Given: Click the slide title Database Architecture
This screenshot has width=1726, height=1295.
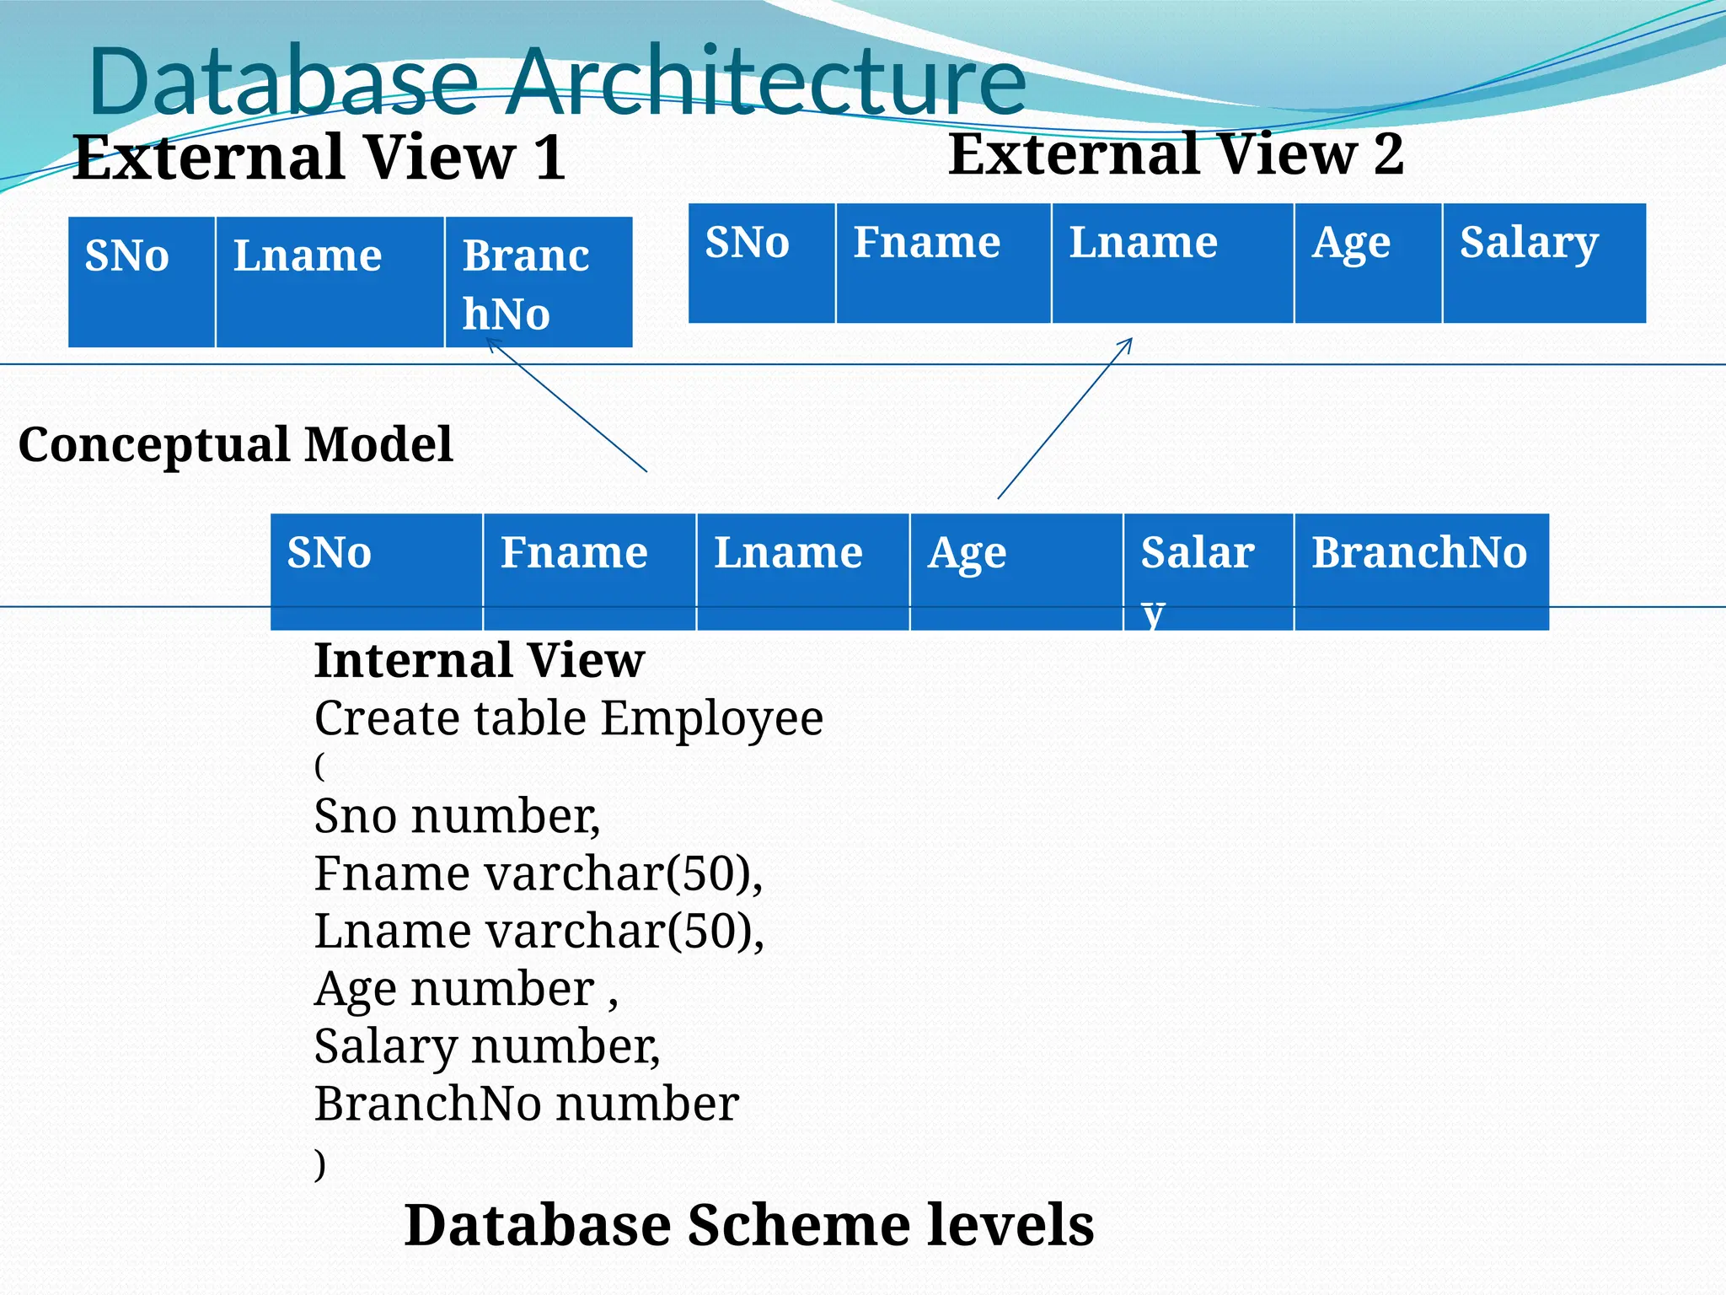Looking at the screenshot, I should (x=556, y=82).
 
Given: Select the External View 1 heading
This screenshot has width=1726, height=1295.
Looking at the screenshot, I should (x=319, y=158).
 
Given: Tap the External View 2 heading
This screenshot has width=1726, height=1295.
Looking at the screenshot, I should (x=1176, y=154).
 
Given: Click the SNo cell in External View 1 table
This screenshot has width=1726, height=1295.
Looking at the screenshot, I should (x=142, y=282).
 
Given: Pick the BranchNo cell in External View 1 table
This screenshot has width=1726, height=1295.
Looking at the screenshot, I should (x=538, y=282).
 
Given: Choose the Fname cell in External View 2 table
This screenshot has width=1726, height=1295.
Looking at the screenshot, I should (x=943, y=263).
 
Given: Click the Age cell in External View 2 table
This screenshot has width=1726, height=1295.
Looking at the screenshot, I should (x=1367, y=263).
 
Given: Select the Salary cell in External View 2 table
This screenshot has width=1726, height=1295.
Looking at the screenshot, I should (x=1543, y=263).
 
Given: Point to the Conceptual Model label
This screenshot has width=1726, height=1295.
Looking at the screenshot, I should (x=235, y=444).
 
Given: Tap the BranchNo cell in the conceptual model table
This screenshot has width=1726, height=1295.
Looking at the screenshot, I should (x=1421, y=571).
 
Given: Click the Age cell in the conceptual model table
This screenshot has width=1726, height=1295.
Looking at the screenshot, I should (x=1016, y=571).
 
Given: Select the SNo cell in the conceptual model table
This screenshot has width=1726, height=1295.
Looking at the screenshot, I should (x=376, y=571).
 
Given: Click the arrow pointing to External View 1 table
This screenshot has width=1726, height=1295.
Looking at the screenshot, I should (x=566, y=405).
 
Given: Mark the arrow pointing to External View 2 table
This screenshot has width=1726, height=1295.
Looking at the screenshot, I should (x=1064, y=418).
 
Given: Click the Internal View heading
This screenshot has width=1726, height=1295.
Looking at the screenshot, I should (x=479, y=659).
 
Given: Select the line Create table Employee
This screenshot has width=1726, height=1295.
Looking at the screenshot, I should (x=568, y=718).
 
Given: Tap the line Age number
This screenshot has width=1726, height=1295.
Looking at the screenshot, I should (x=465, y=988).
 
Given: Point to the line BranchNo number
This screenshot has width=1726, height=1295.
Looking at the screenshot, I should (x=526, y=1104).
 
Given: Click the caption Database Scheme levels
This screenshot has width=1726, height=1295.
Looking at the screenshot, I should (x=748, y=1224).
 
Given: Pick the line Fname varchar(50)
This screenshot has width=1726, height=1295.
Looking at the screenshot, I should (x=538, y=873).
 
